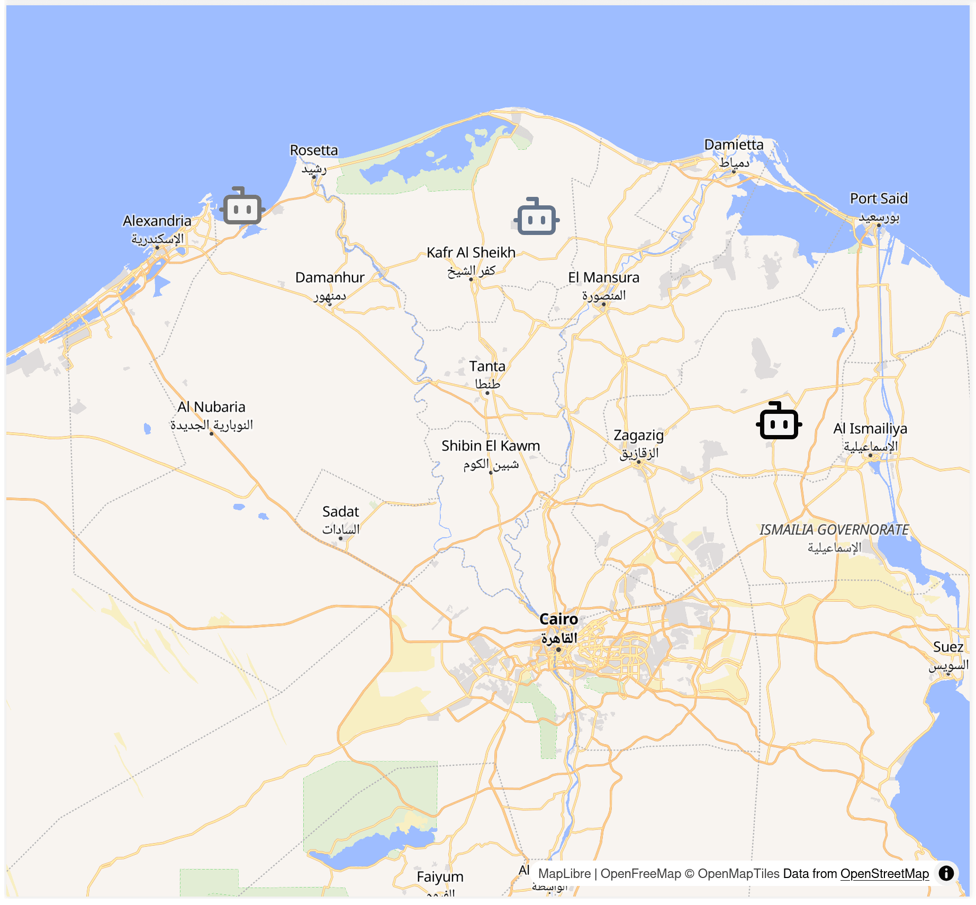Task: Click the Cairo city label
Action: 558,619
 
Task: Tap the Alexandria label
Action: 157,221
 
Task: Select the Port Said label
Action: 879,198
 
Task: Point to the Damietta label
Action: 734,144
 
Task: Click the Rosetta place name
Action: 314,150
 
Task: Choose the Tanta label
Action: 487,366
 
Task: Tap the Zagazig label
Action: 638,435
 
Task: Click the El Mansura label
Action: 603,277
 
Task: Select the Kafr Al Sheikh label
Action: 471,252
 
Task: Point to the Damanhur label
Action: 330,277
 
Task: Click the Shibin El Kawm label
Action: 491,446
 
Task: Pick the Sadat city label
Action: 340,512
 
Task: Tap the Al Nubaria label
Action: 211,407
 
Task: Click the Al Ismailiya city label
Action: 870,429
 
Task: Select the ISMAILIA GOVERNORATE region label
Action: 834,530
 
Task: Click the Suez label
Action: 948,647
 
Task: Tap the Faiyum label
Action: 440,877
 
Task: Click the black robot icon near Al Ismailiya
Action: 779,421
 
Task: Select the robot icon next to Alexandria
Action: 242,206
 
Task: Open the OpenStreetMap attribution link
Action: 884,874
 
